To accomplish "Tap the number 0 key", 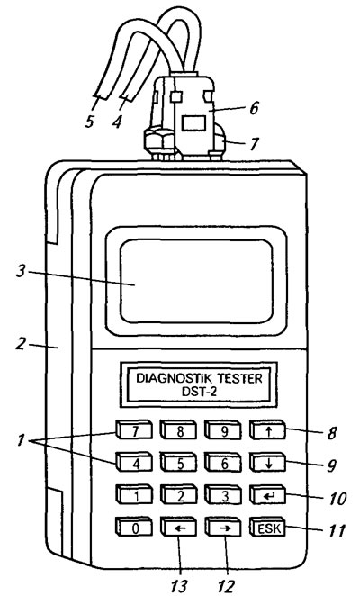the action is tap(134, 528).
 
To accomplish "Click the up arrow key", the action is tap(268, 430).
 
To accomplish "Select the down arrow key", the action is tap(268, 463).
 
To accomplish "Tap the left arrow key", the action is tap(179, 528).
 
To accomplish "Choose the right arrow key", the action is tap(223, 528).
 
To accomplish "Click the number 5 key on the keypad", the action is tap(179, 463).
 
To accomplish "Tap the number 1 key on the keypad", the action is tap(134, 495).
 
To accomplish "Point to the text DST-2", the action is tap(199, 392).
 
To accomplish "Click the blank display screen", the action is tap(196, 281).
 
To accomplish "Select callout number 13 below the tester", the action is tap(179, 586).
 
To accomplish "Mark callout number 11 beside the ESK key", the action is tap(336, 530).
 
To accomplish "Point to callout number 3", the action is tap(22, 272).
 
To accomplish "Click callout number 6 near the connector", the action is tap(254, 108).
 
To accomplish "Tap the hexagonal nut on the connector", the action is tap(158, 141).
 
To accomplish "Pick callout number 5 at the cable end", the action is tap(89, 122).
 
